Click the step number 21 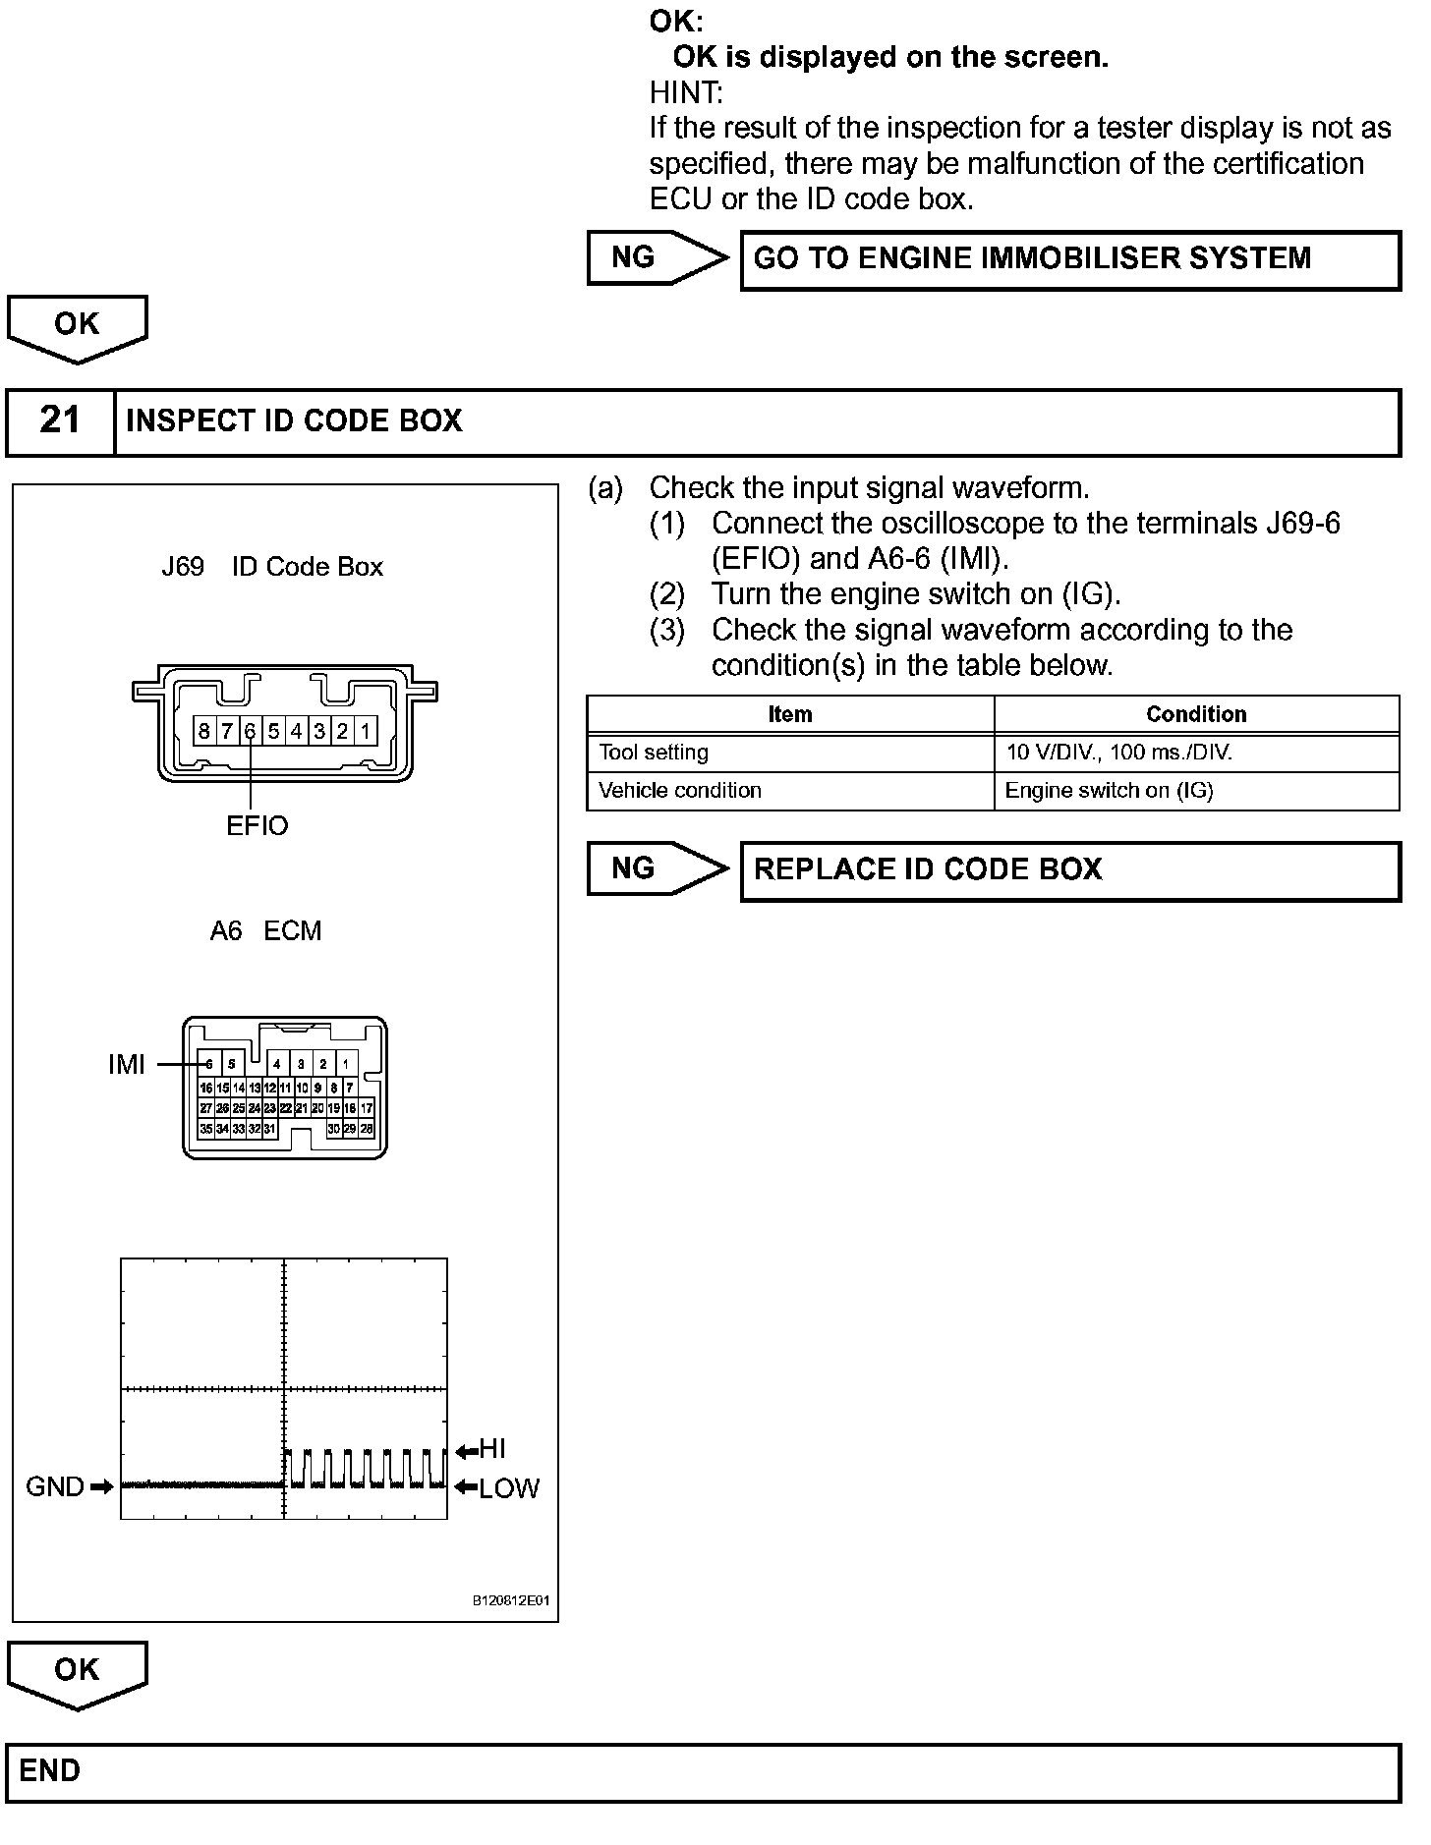60,421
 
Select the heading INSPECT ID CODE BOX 294,421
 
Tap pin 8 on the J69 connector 203,731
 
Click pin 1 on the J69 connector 365,731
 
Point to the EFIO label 258,826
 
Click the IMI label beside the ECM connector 127,1065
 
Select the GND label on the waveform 55,1487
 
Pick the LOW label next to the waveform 508,1489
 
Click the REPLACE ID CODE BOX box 1069,870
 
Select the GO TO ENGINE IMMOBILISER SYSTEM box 1069,259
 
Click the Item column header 790,714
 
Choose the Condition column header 1196,714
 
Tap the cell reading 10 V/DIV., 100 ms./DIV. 1118,754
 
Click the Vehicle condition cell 680,791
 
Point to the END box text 50,1771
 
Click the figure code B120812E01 511,1601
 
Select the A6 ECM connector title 265,931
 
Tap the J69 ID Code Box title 272,567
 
